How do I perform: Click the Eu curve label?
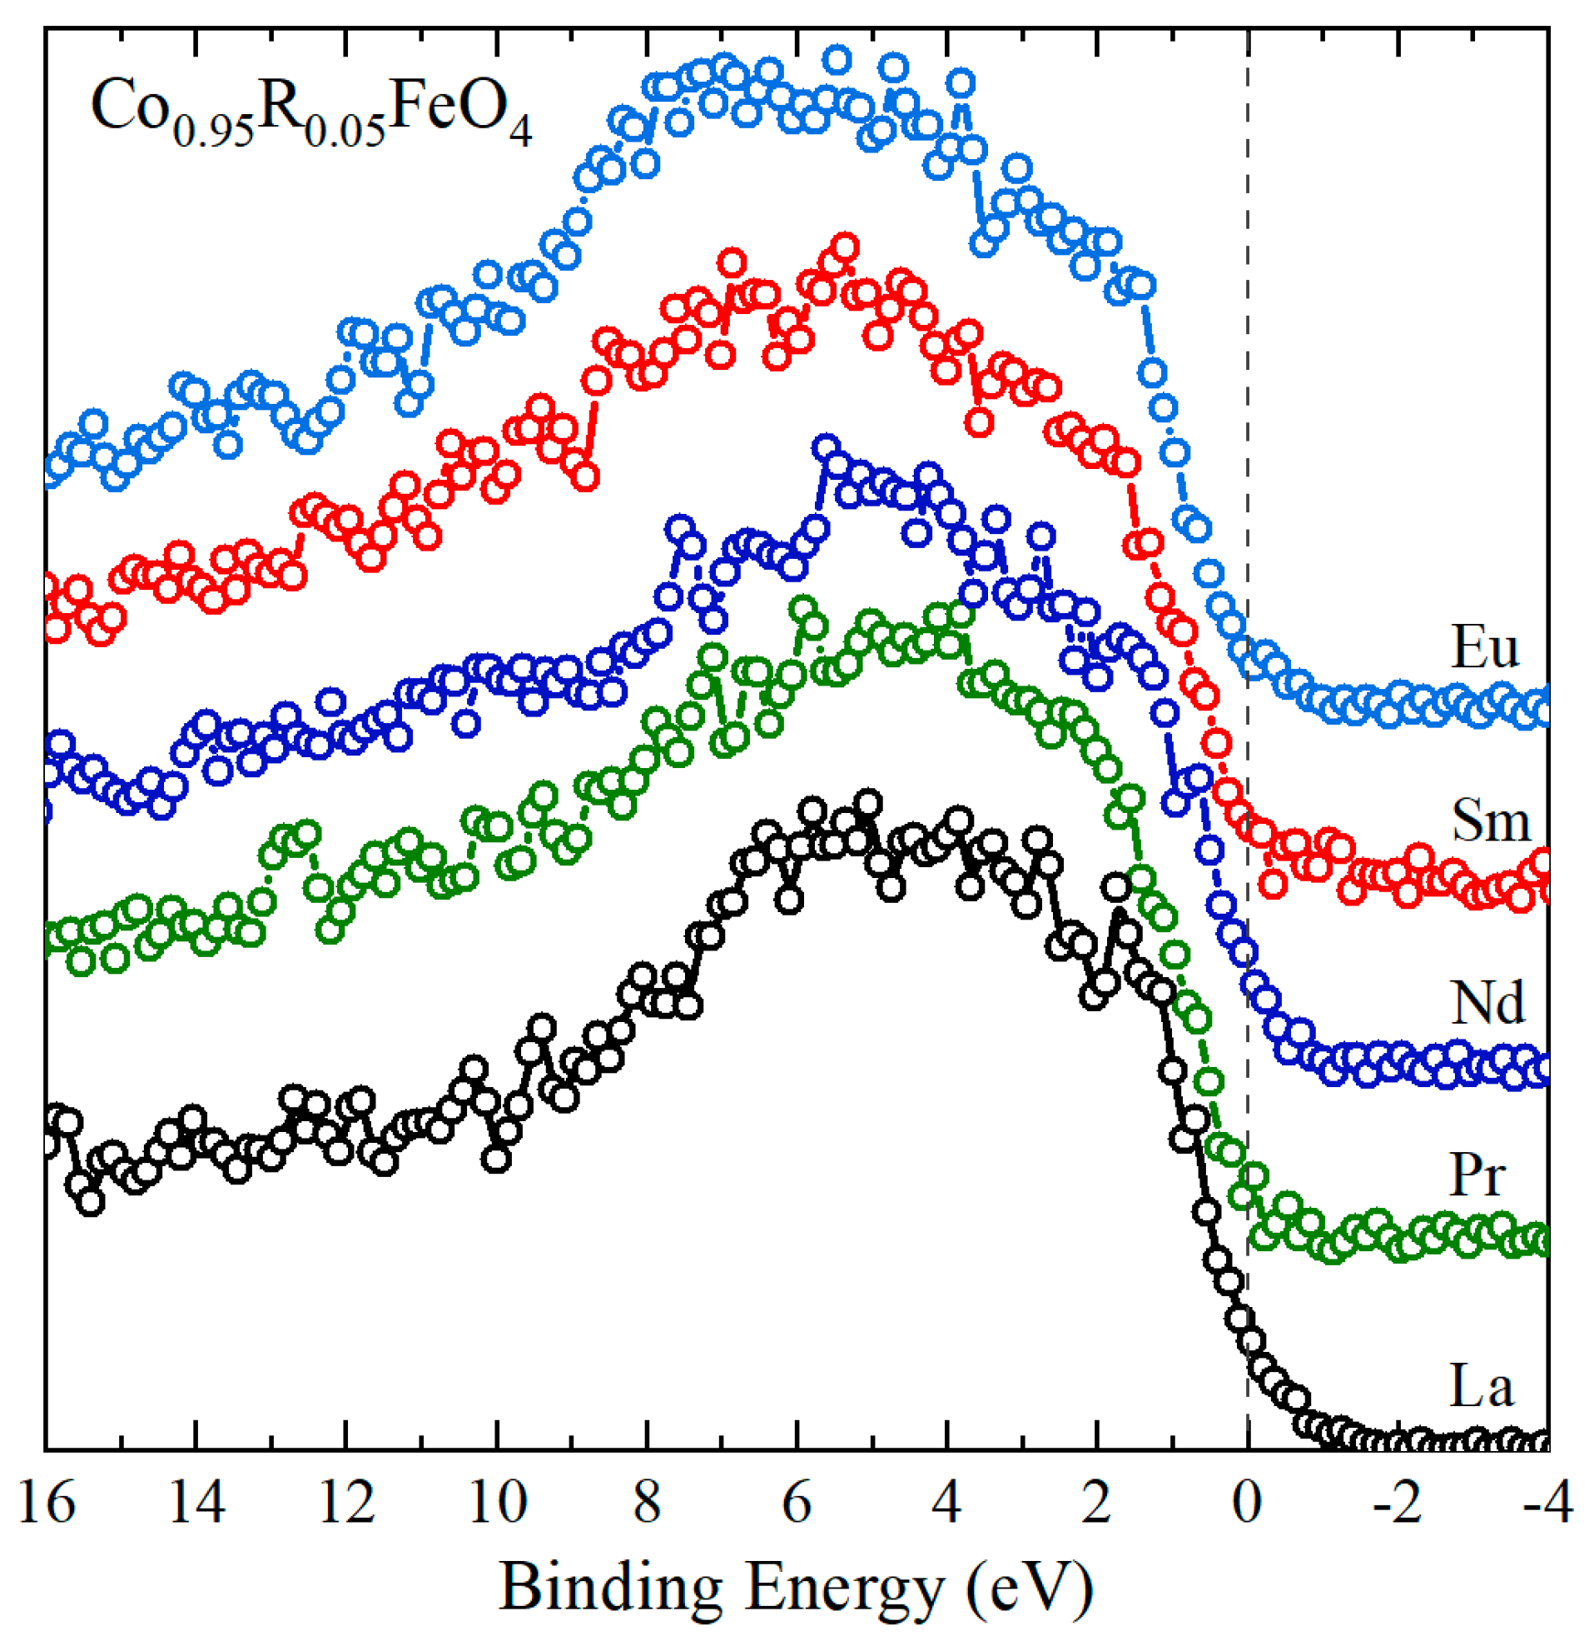click(1484, 646)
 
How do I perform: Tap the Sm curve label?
click(1490, 821)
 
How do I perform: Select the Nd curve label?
click(1487, 1003)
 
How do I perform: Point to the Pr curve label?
click(1477, 1175)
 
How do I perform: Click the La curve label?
click(1481, 1386)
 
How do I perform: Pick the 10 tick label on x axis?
click(496, 1504)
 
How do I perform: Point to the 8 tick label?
click(647, 1504)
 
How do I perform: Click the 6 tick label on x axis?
click(797, 1504)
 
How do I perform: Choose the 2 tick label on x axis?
click(1097, 1504)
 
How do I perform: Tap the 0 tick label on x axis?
click(1248, 1504)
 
